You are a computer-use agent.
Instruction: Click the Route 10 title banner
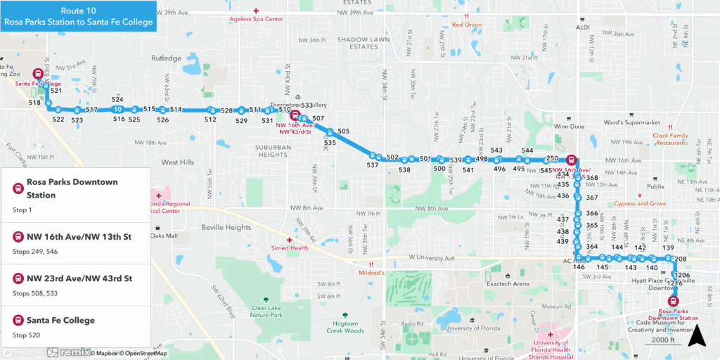78,16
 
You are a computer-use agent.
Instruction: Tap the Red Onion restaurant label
467,24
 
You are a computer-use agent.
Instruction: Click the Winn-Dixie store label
569,127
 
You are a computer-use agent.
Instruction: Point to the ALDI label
583,27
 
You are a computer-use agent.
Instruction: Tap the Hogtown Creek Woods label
345,327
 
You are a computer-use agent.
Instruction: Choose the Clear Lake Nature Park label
266,311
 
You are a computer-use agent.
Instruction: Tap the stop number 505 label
343,131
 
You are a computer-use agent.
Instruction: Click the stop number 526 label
162,120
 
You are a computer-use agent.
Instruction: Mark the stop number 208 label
680,260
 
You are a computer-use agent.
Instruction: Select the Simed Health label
289,247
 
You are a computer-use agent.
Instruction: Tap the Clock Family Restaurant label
669,139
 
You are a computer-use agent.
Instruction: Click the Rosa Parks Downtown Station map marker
673,301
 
